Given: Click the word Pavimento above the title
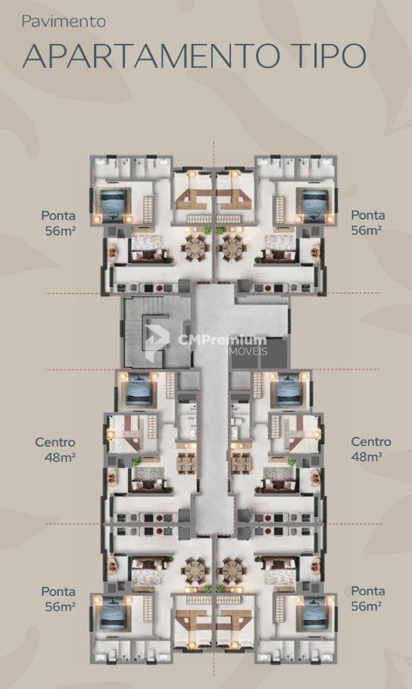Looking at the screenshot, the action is (x=64, y=22).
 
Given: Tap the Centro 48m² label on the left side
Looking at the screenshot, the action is (x=56, y=450).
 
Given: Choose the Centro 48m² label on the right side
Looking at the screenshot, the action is (x=370, y=449).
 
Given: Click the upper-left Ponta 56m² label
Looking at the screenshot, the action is (x=58, y=223).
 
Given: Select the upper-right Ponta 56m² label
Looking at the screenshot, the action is (x=368, y=223).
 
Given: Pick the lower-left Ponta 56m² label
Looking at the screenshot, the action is (x=58, y=599).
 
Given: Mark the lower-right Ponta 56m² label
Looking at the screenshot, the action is (x=368, y=598).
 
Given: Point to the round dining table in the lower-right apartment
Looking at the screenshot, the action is (x=231, y=570).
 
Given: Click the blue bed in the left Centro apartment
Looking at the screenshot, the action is (x=139, y=389).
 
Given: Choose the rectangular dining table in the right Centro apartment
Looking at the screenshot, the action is (x=242, y=463).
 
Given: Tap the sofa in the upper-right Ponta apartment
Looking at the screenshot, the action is (x=276, y=256).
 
